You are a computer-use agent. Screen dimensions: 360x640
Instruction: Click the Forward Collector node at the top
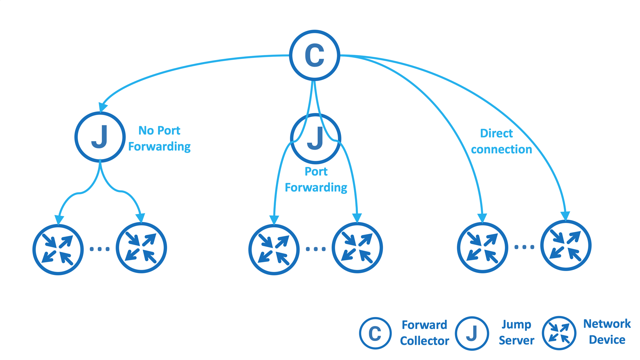pos(314,55)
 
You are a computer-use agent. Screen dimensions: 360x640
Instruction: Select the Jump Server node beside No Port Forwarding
pos(100,137)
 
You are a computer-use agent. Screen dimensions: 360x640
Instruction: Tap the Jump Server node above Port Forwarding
pos(315,138)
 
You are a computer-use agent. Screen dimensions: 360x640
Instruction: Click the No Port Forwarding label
pos(159,138)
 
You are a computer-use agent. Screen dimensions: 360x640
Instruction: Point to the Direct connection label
pos(501,141)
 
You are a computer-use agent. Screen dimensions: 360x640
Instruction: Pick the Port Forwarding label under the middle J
pos(316,179)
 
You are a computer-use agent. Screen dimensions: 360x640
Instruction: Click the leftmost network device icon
pos(58,249)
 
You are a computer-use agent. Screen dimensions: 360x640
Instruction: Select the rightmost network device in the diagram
pos(566,245)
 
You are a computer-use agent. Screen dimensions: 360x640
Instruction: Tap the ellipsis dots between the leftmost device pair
pos(100,249)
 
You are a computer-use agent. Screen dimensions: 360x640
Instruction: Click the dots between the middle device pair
pos(316,249)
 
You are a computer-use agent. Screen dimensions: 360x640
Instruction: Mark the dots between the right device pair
pos(524,247)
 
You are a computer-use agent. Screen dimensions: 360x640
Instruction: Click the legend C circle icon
pos(375,333)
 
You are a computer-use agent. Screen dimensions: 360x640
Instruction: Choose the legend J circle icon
pos(472,333)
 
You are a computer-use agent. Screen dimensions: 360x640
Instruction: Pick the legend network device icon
pos(559,333)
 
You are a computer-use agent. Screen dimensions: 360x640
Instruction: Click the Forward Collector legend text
pos(424,333)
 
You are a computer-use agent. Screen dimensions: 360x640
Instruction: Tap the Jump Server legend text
pos(516,332)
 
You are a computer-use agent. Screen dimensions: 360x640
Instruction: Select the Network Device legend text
pos(607,332)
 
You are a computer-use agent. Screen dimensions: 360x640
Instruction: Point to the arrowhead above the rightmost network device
pos(565,215)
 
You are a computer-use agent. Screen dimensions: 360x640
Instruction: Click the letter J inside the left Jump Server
pos(100,137)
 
